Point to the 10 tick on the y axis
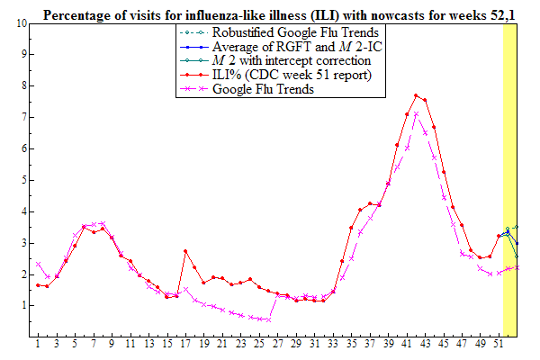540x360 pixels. click(20, 22)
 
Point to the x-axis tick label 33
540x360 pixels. click(333, 345)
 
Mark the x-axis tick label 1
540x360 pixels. click(38, 345)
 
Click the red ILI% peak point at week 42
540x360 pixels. click(416, 95)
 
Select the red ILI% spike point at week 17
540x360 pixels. click(185, 251)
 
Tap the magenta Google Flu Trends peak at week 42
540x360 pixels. click(416, 114)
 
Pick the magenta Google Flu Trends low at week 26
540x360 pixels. click(268, 319)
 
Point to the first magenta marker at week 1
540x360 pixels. click(38, 264)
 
